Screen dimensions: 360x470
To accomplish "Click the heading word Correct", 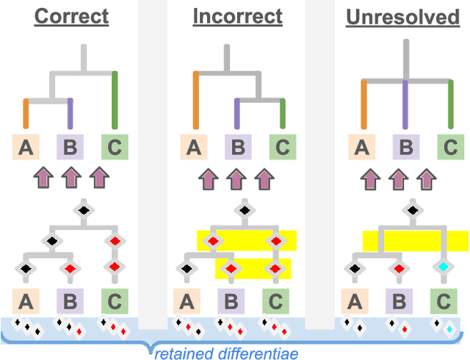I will [71, 16].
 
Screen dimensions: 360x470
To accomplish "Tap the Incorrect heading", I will [238, 16].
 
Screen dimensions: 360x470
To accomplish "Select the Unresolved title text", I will [402, 16].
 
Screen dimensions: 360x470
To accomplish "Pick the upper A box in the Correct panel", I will [26, 148].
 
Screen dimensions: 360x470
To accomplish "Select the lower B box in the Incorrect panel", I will [231, 300].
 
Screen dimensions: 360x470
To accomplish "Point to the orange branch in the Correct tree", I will [26, 114].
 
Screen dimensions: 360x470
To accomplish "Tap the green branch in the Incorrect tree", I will [283, 114].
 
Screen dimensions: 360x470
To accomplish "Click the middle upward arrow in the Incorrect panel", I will [235, 179].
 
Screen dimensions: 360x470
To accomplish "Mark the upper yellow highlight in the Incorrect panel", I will [246, 240].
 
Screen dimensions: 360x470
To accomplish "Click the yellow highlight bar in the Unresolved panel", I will [415, 240].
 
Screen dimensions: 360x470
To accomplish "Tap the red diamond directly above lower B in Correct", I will [68, 269].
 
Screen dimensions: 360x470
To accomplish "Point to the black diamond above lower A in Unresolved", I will [355, 269].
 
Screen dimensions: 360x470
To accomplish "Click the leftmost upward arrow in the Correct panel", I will [43, 179].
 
